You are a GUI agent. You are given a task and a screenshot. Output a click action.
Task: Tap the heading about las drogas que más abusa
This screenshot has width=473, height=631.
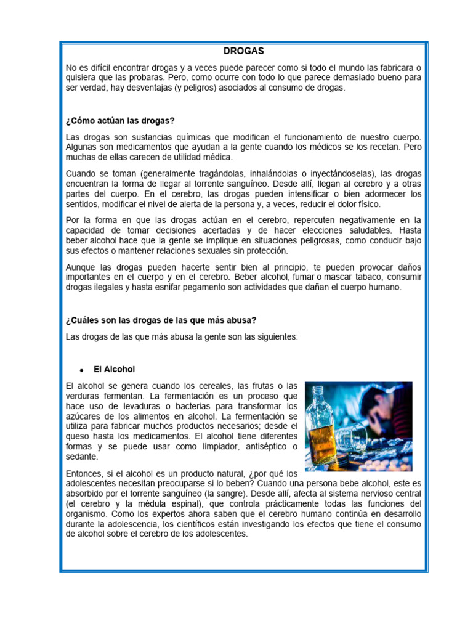(x=160, y=320)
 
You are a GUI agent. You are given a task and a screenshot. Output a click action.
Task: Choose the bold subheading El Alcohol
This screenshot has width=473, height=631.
(x=114, y=370)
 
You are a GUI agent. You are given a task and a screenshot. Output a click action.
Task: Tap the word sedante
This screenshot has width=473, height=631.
(x=82, y=457)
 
